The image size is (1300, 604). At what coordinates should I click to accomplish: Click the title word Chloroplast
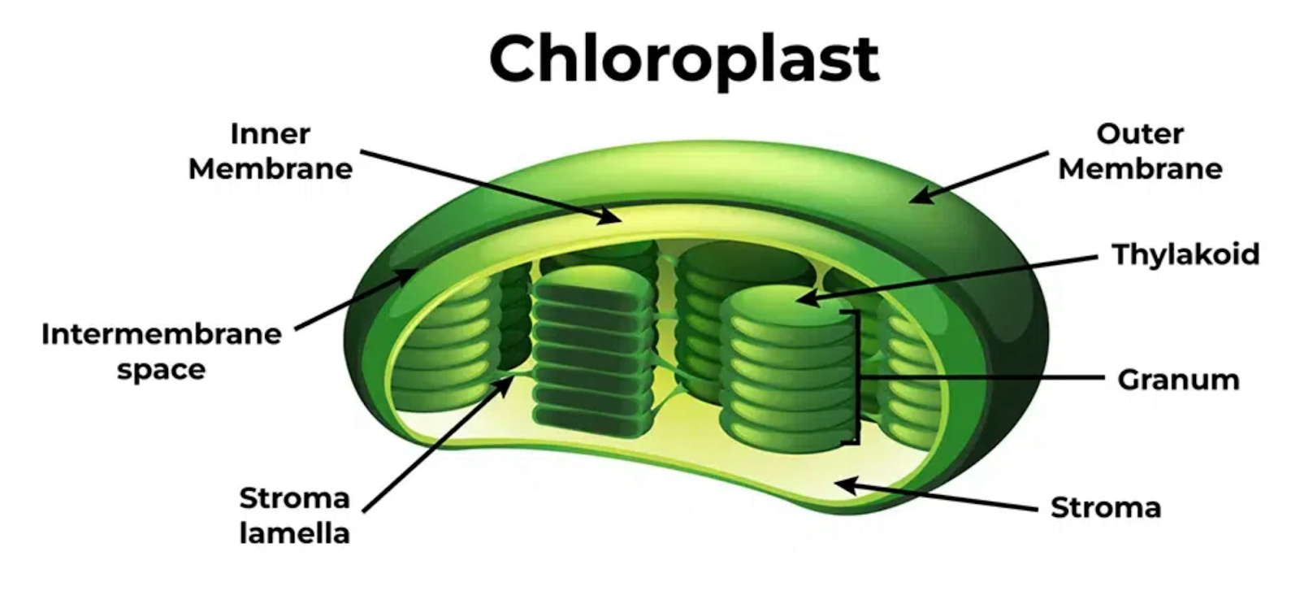[x=684, y=59]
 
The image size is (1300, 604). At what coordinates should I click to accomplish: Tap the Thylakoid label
[x=1185, y=255]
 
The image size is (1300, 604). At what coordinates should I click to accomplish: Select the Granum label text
[x=1179, y=380]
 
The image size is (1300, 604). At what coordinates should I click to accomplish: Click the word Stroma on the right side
[x=1106, y=507]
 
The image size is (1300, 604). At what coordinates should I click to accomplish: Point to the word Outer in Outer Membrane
[x=1140, y=134]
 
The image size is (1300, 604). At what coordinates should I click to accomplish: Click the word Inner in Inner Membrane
[x=271, y=134]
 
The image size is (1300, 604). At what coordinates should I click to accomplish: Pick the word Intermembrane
[x=162, y=335]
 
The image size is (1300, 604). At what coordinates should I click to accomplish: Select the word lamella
[x=295, y=534]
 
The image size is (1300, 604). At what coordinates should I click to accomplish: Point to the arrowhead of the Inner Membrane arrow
[x=609, y=216]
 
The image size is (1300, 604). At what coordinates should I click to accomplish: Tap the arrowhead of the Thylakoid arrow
[x=808, y=298]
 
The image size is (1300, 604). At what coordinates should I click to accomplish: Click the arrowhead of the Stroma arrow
[x=847, y=485]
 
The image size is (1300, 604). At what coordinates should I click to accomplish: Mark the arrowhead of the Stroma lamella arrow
[x=504, y=385]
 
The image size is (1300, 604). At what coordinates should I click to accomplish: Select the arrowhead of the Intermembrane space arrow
[x=406, y=276]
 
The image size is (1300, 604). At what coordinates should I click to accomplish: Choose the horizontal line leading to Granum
[x=981, y=377]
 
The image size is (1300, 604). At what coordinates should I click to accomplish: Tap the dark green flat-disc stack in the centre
[x=592, y=351]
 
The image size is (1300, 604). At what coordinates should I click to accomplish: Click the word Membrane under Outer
[x=1141, y=170]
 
